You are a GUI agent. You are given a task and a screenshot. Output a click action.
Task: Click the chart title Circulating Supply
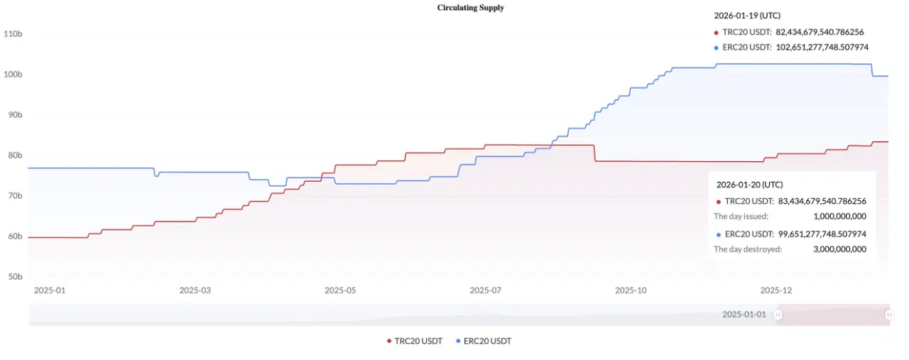click(x=470, y=7)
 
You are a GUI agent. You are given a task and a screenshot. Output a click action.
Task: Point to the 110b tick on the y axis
click(x=13, y=33)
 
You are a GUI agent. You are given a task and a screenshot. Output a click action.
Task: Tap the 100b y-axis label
click(x=13, y=75)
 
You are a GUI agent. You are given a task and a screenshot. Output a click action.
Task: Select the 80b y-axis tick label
click(x=13, y=156)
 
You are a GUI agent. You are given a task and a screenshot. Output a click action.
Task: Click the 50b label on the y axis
click(x=13, y=277)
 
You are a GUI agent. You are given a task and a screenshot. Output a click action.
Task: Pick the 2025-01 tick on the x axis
click(x=49, y=290)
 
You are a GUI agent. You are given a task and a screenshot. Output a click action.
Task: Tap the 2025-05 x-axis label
click(x=340, y=290)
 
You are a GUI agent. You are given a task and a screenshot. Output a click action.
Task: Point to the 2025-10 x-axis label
click(x=631, y=290)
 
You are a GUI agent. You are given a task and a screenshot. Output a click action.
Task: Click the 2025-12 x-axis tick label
click(x=775, y=290)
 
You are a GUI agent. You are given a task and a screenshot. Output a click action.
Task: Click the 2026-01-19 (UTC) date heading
click(x=747, y=15)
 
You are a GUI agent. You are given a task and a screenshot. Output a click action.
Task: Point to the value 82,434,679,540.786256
click(x=820, y=32)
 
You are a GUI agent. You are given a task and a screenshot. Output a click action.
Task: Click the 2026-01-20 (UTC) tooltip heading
click(x=750, y=184)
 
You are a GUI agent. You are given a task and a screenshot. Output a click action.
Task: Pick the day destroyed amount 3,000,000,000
click(x=839, y=249)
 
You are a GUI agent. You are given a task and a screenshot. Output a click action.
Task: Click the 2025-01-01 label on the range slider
click(x=744, y=314)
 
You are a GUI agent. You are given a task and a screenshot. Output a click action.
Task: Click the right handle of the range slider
click(x=888, y=314)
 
